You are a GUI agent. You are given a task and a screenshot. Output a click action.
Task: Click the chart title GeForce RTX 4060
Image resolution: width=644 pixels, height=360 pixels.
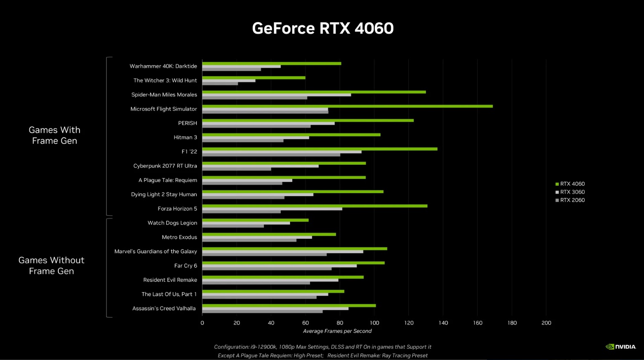(323, 28)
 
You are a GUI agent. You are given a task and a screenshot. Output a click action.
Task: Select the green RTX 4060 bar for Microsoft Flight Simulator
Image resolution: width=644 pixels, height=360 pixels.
(347, 106)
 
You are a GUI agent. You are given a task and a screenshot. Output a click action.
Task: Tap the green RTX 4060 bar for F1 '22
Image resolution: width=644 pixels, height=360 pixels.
(320, 149)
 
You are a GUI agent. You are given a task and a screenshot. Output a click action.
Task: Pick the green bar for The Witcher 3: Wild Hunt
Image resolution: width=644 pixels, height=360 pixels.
(254, 78)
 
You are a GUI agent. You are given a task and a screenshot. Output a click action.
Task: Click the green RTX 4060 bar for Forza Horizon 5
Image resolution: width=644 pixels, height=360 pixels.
(315, 206)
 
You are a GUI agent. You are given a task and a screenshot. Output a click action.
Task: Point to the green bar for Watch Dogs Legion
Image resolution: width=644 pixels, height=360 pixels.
(255, 220)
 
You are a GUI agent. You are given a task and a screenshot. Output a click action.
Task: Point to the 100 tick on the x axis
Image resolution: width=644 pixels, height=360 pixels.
(374, 323)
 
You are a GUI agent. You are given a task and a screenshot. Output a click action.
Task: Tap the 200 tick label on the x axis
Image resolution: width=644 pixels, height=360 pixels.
(546, 323)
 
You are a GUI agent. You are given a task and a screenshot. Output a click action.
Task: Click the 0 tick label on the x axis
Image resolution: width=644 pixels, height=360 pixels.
(202, 323)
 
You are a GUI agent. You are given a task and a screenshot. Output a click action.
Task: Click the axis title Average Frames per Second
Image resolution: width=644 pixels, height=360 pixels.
(337, 331)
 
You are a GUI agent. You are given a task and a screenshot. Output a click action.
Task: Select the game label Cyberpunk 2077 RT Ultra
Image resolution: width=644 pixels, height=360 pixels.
(165, 166)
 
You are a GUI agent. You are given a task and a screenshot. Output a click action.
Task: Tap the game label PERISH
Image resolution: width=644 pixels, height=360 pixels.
(188, 123)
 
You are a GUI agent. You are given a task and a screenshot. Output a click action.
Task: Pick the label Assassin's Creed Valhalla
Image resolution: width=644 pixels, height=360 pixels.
(164, 309)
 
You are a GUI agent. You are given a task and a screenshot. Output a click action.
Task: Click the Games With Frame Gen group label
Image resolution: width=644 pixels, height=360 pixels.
(54, 135)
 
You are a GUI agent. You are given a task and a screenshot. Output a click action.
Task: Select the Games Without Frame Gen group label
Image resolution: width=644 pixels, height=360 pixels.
(51, 266)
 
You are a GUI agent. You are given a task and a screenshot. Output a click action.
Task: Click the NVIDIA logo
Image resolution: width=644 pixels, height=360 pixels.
(621, 347)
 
